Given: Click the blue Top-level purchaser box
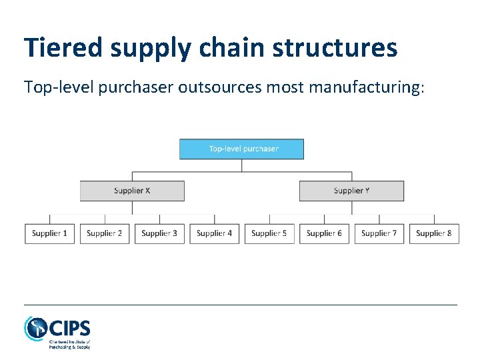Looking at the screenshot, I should click(241, 149).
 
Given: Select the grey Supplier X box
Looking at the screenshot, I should click(132, 191).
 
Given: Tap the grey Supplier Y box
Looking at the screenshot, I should click(351, 191).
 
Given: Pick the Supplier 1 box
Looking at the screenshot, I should click(50, 233).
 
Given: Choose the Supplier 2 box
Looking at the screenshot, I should click(105, 233).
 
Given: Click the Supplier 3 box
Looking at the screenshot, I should click(159, 233).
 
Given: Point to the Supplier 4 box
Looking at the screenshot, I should click(215, 233).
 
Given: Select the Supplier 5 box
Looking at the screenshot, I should click(269, 233).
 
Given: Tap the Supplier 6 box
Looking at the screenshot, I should click(324, 233).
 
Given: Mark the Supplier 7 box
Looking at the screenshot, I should click(379, 233).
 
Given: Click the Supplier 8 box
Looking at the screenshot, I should click(434, 233).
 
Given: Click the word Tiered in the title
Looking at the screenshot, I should click(62, 47).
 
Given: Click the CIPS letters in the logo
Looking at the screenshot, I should click(70, 328).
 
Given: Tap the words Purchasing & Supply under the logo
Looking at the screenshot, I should click(69, 347).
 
